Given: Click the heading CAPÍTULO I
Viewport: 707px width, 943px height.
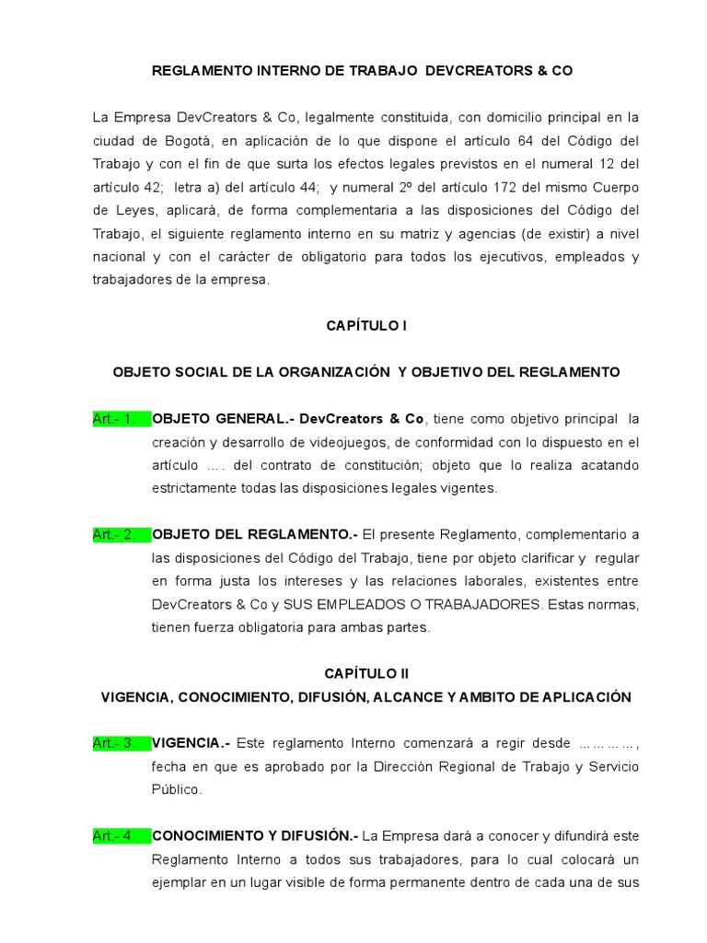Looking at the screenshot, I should [365, 326].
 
